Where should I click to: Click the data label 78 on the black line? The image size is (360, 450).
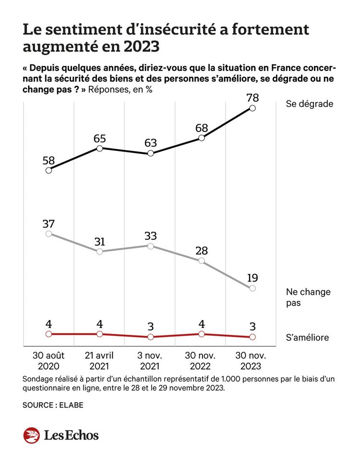252,98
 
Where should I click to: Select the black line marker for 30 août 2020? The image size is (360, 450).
48,170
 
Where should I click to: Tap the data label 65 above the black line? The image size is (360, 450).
99,138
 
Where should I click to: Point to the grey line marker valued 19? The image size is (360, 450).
252,288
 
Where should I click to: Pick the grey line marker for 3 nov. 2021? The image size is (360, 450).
150,246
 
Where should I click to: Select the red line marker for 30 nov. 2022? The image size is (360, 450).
202,334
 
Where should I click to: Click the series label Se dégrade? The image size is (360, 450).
309,103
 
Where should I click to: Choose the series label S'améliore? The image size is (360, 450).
307,337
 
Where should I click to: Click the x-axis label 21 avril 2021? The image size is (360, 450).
99,361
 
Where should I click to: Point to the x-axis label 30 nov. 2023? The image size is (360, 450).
252,361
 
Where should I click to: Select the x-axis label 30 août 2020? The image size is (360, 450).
48,361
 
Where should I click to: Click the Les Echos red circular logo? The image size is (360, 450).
31,435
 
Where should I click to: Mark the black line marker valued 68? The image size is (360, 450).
202,138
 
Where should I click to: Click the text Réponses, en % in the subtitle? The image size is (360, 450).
120,89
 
